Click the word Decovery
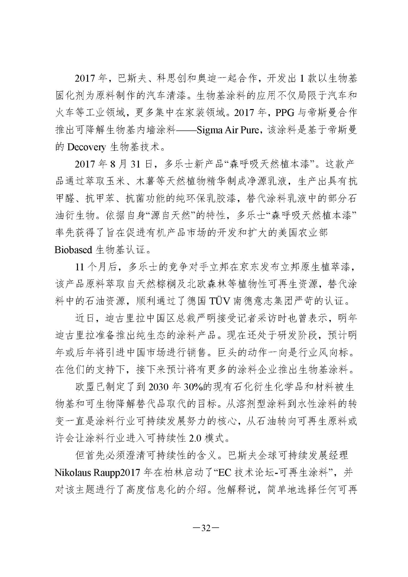[86, 147]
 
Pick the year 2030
[158, 387]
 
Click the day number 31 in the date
[136, 164]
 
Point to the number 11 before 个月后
[80, 267]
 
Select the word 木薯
[146, 182]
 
